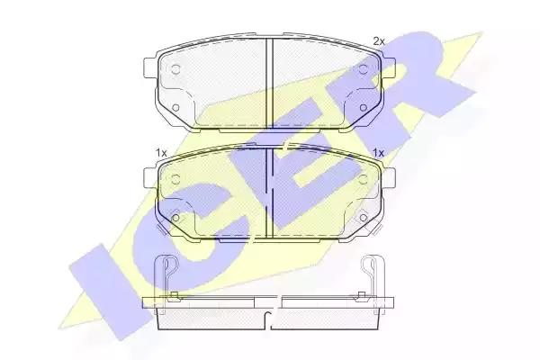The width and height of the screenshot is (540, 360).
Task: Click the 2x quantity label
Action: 379,41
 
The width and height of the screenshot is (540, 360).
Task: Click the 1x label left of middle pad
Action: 161,153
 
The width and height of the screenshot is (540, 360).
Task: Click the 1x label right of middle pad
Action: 379,153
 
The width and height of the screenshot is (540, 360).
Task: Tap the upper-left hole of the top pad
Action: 175,69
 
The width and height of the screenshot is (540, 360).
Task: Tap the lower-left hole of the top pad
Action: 175,108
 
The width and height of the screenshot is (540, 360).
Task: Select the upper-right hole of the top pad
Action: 363,69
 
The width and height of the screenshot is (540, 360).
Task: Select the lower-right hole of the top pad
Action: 363,108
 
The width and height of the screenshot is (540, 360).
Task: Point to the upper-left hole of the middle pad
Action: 175,179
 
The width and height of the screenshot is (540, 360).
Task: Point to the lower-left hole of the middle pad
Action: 175,218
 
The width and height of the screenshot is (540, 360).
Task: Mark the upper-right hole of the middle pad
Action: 363,179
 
